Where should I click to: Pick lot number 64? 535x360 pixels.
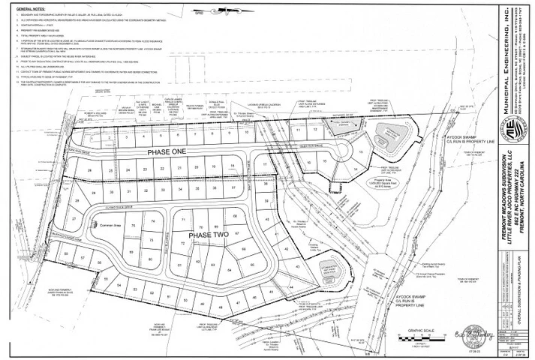pos(212,267)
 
